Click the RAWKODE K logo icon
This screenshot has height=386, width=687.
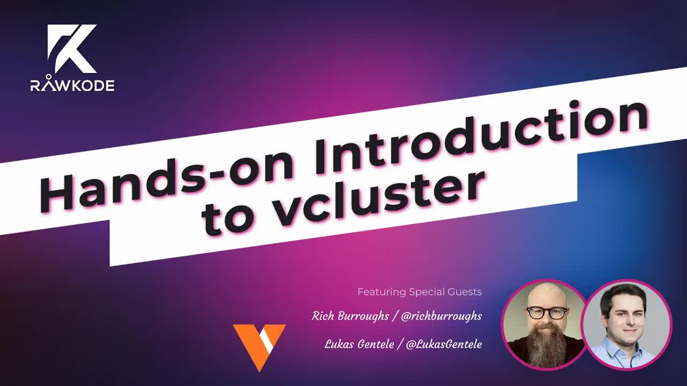click(x=72, y=49)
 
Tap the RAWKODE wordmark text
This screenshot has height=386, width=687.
click(x=72, y=85)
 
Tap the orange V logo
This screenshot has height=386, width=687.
click(x=259, y=346)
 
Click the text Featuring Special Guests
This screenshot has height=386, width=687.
click(x=419, y=292)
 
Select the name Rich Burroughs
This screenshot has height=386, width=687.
click(x=350, y=316)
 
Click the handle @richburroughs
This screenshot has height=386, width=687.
click(x=441, y=316)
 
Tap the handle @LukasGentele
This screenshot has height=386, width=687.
click(x=444, y=344)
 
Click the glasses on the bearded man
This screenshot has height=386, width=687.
click(x=546, y=312)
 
